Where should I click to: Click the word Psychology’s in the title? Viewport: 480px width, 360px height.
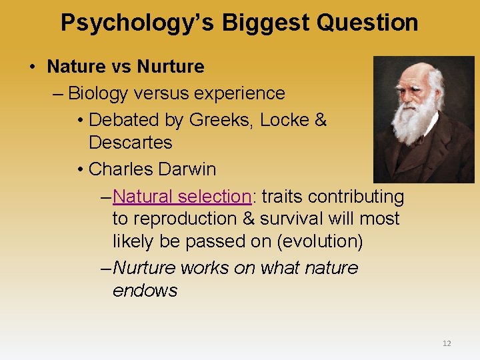138,23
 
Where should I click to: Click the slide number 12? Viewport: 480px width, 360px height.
447,343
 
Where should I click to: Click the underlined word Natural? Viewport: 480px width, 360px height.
143,197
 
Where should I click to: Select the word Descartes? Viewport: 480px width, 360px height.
130,143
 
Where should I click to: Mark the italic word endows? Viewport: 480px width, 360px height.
145,291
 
